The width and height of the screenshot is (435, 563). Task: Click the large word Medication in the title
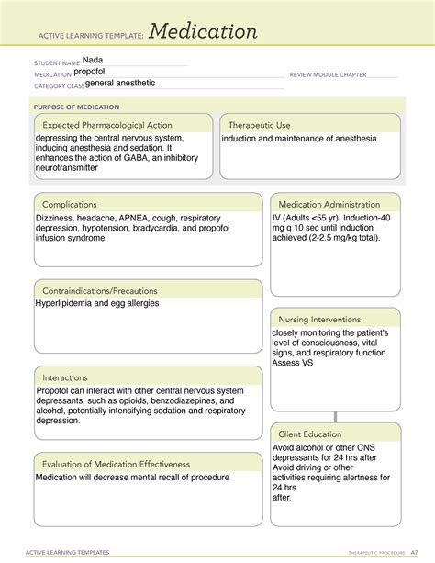tap(203, 32)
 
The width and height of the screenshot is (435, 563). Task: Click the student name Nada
tap(93, 61)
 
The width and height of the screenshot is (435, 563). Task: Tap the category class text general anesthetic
tap(120, 83)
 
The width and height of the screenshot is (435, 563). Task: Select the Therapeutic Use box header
tap(260, 125)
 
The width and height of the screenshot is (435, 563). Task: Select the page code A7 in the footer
tap(415, 553)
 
